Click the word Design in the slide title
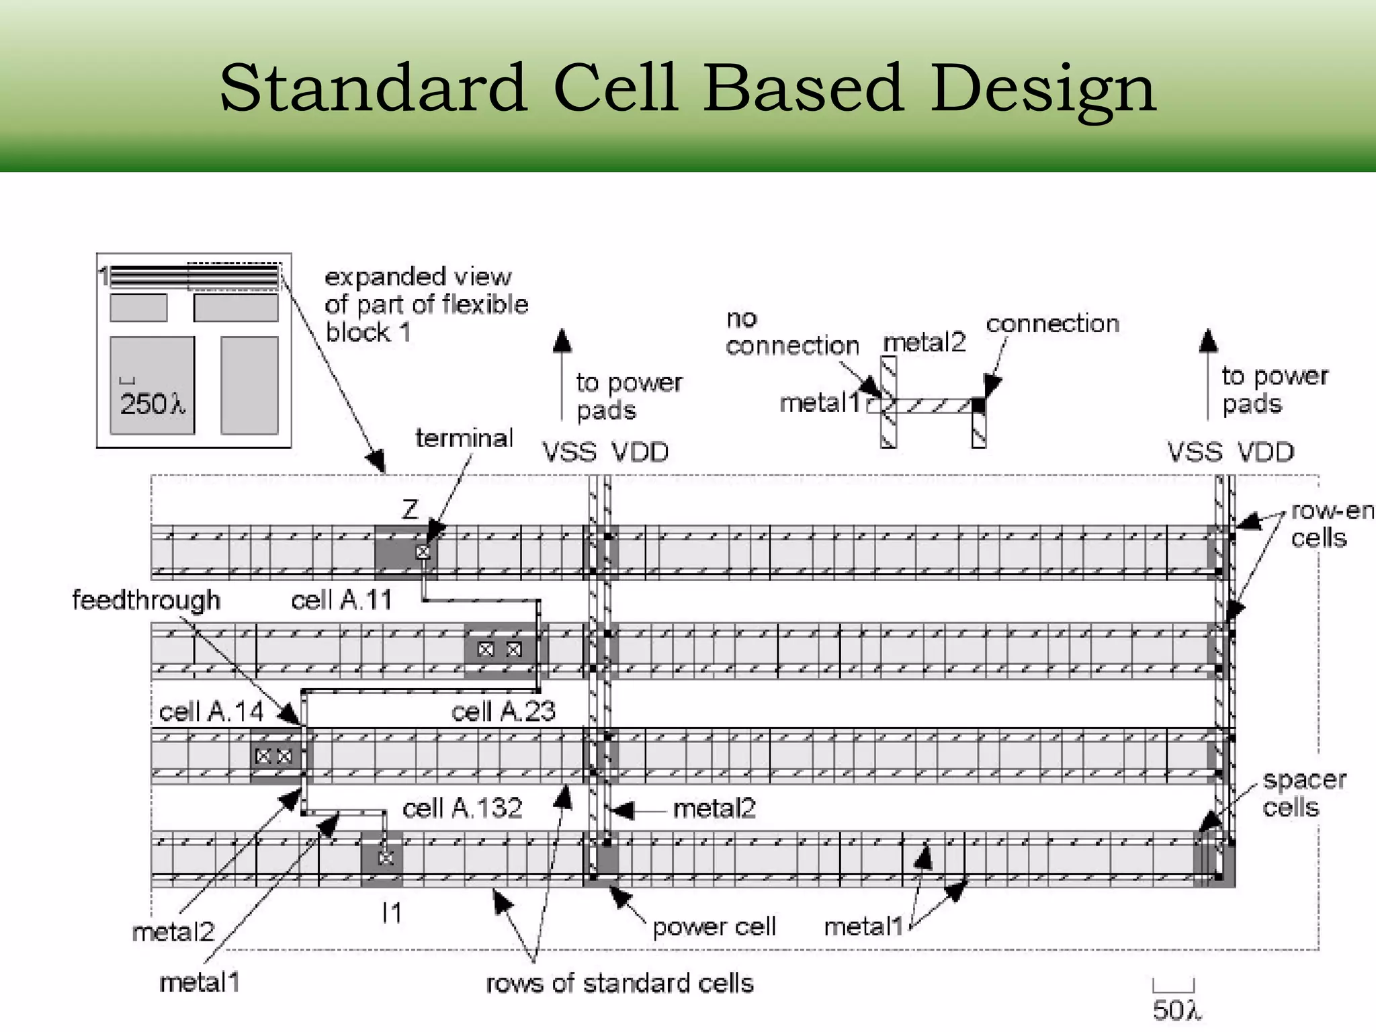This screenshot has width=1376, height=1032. [x=1043, y=89]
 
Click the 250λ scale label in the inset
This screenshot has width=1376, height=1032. [x=152, y=404]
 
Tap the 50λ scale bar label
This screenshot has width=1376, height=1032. [x=1176, y=1010]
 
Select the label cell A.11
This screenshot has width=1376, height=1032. [x=341, y=599]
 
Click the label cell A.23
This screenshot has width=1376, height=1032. [x=503, y=711]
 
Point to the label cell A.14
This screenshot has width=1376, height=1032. [x=211, y=711]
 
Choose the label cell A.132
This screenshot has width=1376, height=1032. [x=462, y=808]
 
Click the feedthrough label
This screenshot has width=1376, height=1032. [x=146, y=599]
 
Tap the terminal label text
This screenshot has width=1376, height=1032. [x=464, y=438]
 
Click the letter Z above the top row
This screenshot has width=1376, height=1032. [x=410, y=509]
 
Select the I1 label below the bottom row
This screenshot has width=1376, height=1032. [x=391, y=912]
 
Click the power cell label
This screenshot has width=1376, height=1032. [x=714, y=927]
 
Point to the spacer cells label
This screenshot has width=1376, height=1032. [x=1303, y=793]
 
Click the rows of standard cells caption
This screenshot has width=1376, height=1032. [x=619, y=983]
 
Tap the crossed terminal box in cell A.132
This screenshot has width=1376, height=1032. [x=386, y=858]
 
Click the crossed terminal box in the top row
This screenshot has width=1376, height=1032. [x=423, y=552]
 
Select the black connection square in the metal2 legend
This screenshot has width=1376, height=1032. [x=978, y=405]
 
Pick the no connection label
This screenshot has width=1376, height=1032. [x=791, y=332]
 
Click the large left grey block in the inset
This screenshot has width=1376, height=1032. [x=152, y=385]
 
